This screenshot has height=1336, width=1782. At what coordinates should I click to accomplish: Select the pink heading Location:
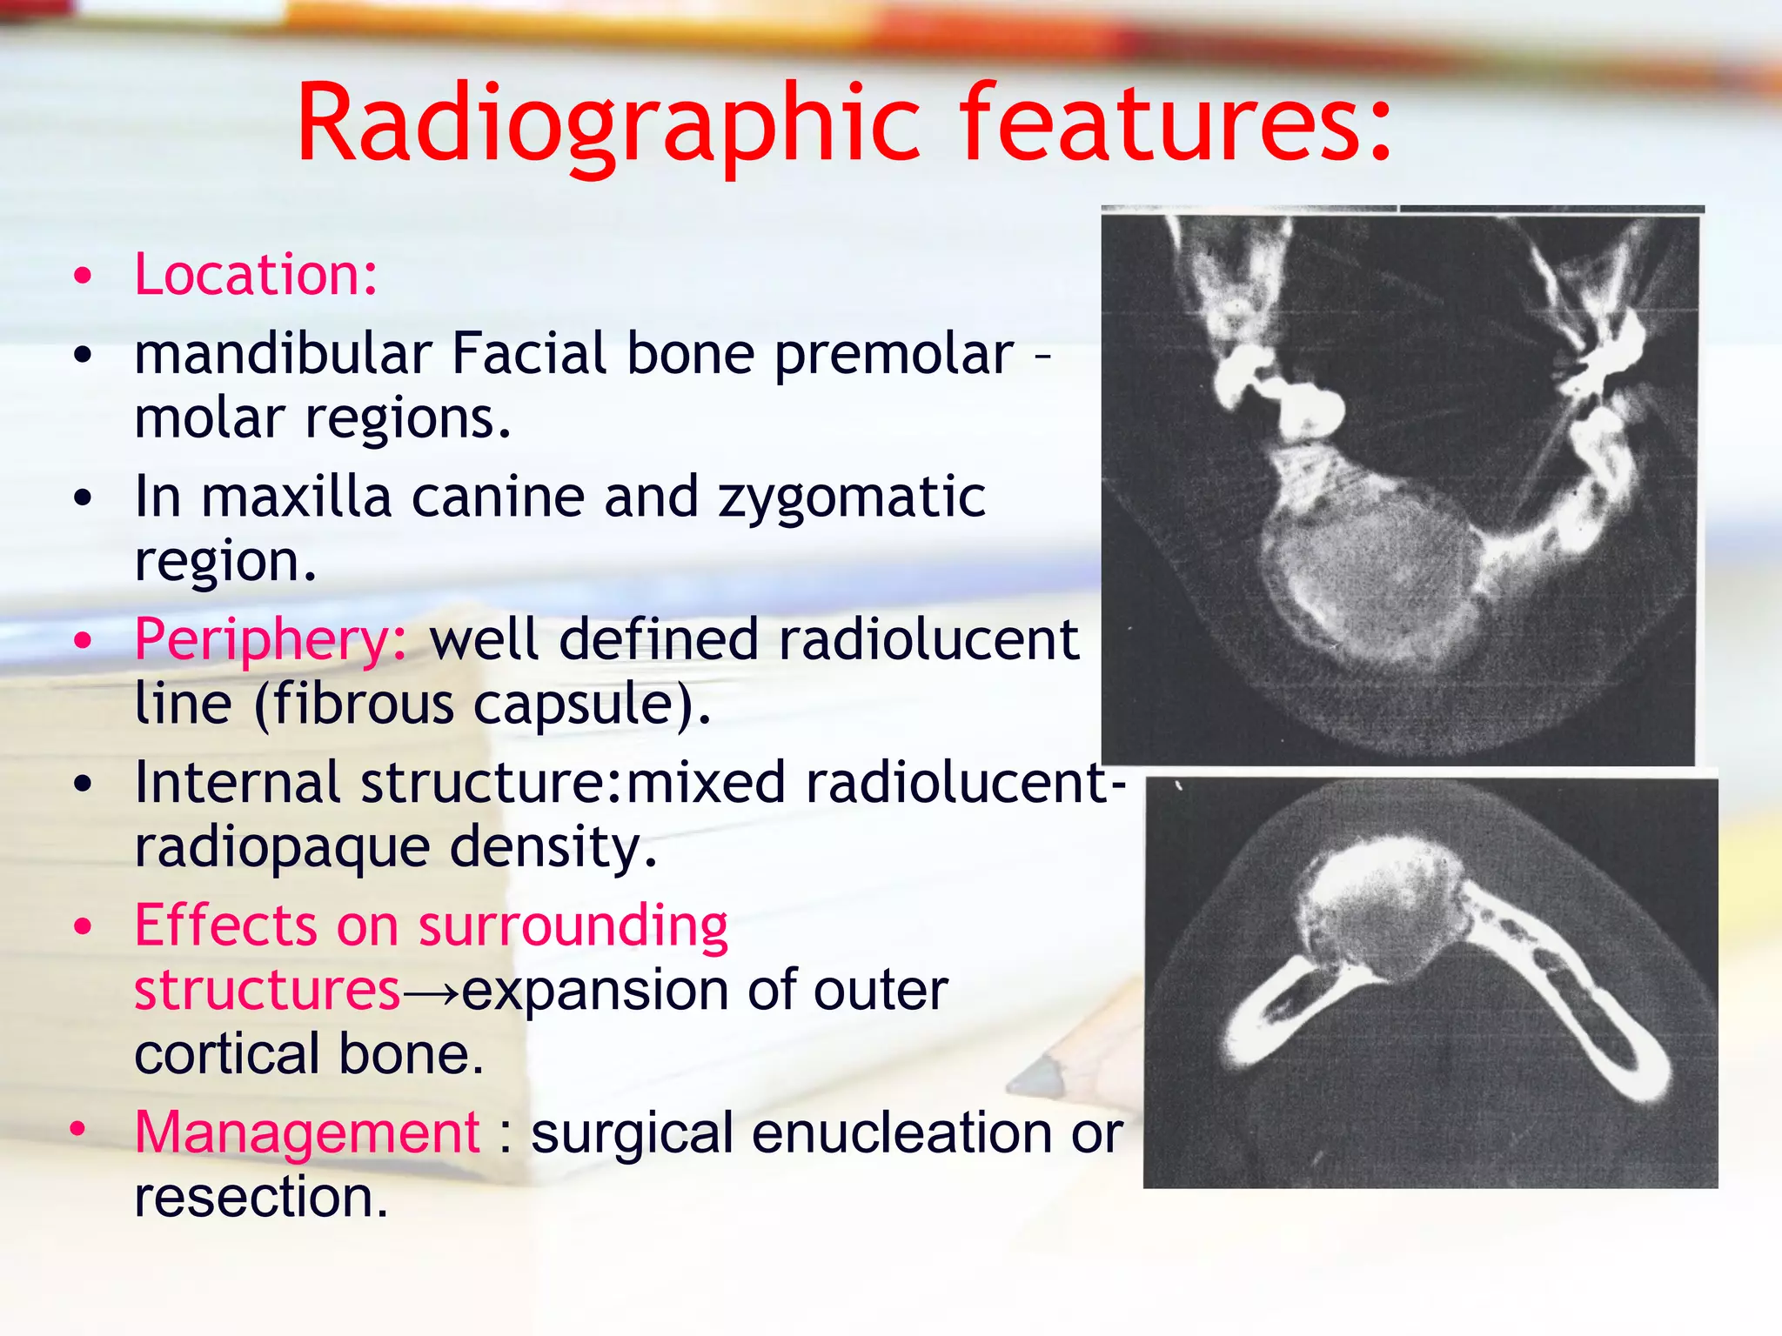tap(256, 275)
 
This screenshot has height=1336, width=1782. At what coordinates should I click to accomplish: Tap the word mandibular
tap(283, 354)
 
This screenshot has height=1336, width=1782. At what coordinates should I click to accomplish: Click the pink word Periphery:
tap(270, 640)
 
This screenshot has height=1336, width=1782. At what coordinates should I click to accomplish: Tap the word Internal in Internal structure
tap(237, 782)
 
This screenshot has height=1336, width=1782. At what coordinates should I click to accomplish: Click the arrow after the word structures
tap(431, 992)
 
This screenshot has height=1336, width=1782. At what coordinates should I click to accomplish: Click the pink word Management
tap(306, 1132)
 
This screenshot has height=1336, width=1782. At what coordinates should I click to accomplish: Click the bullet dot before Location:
tap(83, 277)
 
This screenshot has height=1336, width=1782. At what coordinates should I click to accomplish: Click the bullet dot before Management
tap(78, 1129)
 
